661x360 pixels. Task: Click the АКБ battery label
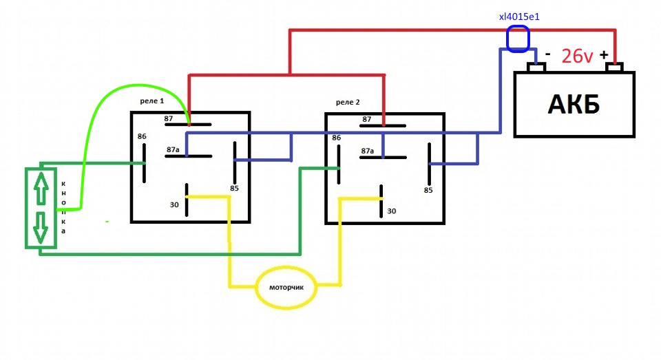(574, 104)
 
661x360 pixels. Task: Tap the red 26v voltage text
(577, 56)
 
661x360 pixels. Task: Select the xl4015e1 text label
(519, 17)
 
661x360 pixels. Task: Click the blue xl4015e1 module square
(518, 39)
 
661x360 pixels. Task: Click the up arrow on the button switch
(41, 188)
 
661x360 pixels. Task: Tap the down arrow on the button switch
(41, 228)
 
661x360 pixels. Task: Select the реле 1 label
(151, 101)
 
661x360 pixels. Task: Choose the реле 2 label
(348, 102)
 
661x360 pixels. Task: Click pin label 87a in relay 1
(173, 149)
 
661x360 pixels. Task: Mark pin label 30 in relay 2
(392, 211)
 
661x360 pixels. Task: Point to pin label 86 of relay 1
(142, 136)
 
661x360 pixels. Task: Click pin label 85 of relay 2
(428, 190)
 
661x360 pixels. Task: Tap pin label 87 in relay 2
(367, 119)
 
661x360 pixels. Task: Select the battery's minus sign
(547, 54)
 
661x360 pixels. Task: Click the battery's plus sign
(604, 54)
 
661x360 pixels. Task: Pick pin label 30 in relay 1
(174, 204)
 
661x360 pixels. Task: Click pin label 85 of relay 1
(234, 188)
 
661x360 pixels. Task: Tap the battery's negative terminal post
(536, 67)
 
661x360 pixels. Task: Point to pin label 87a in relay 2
(368, 151)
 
